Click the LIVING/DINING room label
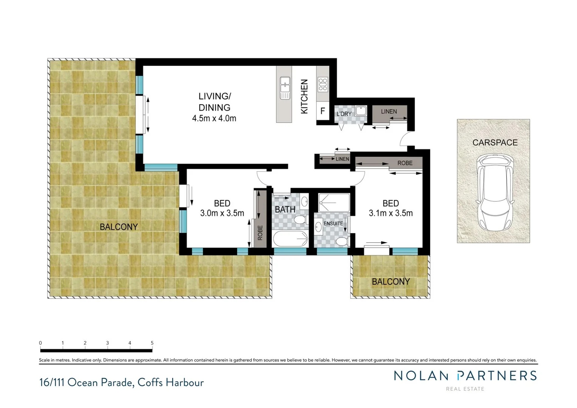click(x=214, y=102)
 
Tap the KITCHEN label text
click(x=304, y=96)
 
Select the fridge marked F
click(x=322, y=111)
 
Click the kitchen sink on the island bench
click(x=285, y=88)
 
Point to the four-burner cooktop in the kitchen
click(x=322, y=84)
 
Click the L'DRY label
click(x=344, y=114)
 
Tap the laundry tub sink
click(x=361, y=111)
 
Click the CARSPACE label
click(x=495, y=143)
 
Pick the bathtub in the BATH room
click(x=290, y=239)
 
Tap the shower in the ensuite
click(x=334, y=203)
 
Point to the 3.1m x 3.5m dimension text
click(x=390, y=213)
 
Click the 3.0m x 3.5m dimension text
click(x=222, y=213)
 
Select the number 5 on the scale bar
click(x=152, y=343)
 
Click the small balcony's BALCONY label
click(x=390, y=282)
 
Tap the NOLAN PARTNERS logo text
click(x=465, y=376)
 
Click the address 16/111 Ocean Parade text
click(x=121, y=383)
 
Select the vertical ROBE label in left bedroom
click(x=260, y=233)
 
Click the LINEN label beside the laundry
click(x=389, y=111)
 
